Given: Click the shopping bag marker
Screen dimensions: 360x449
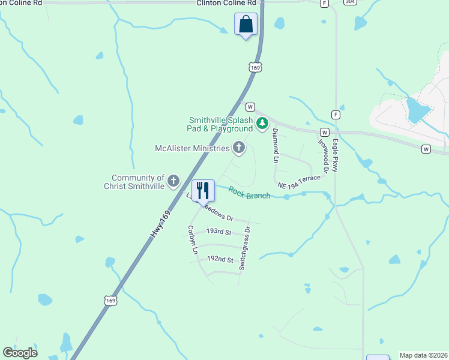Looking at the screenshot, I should click(x=246, y=25).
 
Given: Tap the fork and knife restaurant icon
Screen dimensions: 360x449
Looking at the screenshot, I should click(x=203, y=190).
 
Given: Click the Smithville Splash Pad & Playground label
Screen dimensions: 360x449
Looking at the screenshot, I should click(x=220, y=124).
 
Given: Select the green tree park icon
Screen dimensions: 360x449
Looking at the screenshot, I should click(x=262, y=124).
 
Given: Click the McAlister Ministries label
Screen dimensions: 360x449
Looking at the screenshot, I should click(x=192, y=148).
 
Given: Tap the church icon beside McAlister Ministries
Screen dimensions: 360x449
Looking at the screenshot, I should click(x=239, y=148).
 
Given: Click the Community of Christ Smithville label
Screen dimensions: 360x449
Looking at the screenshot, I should click(x=138, y=182).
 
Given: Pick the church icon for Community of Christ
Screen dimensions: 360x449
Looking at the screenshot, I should click(x=173, y=181).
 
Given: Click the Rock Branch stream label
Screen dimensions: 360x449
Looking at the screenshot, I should click(x=249, y=193).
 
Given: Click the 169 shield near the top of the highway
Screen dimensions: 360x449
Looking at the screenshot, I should click(x=255, y=68).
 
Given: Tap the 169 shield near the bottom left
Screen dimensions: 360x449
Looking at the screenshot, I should click(x=110, y=300).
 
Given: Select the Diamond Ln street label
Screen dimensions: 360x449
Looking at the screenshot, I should click(x=276, y=145).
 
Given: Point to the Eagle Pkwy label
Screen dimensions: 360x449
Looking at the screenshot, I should click(x=336, y=156).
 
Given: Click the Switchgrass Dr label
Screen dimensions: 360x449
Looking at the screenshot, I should click(x=245, y=247).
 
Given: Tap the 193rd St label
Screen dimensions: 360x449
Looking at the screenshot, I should click(x=218, y=231).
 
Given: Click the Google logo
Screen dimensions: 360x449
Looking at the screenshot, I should click(x=20, y=353).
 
